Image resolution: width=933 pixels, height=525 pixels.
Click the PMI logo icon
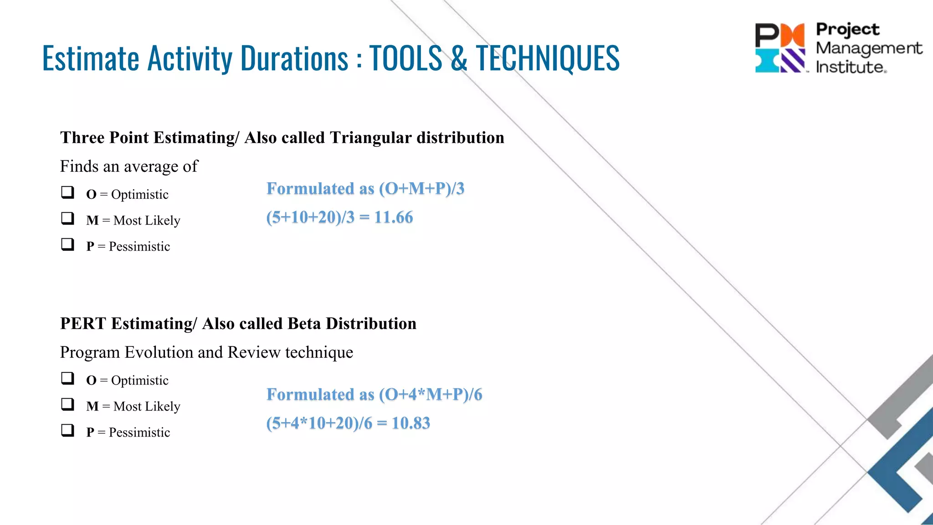click(780, 48)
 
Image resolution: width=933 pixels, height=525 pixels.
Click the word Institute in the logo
click(850, 67)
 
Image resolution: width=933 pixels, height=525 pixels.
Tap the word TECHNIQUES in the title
click(548, 58)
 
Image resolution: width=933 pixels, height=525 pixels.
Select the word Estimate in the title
click(90, 58)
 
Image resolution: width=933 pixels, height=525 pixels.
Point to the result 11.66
click(393, 217)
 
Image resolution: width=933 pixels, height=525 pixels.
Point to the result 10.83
click(410, 423)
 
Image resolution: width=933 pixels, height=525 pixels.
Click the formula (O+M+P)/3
click(421, 189)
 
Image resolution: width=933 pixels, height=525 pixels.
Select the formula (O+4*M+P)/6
click(430, 395)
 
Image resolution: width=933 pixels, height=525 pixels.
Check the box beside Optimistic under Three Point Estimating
click(68, 192)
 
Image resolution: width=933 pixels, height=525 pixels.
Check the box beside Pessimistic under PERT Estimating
click(68, 430)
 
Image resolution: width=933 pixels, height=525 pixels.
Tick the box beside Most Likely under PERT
click(68, 404)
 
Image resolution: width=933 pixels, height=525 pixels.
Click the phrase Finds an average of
click(129, 166)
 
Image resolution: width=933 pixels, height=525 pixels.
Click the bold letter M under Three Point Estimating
click(92, 221)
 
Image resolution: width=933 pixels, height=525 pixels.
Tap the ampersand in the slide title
click(459, 58)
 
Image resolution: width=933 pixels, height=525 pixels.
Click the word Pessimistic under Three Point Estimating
click(139, 247)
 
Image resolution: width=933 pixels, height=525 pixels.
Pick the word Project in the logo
click(847, 29)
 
